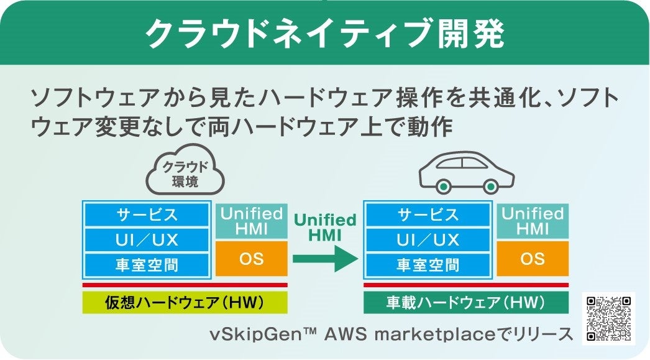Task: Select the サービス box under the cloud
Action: (147, 215)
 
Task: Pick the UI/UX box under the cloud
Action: (147, 240)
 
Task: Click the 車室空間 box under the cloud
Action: (147, 265)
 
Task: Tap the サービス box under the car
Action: (428, 215)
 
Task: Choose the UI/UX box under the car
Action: (428, 240)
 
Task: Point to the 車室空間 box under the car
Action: (428, 265)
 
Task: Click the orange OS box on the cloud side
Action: (252, 259)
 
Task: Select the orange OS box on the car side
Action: (533, 259)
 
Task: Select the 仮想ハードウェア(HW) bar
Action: (185, 303)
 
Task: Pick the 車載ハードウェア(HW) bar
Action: (465, 303)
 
